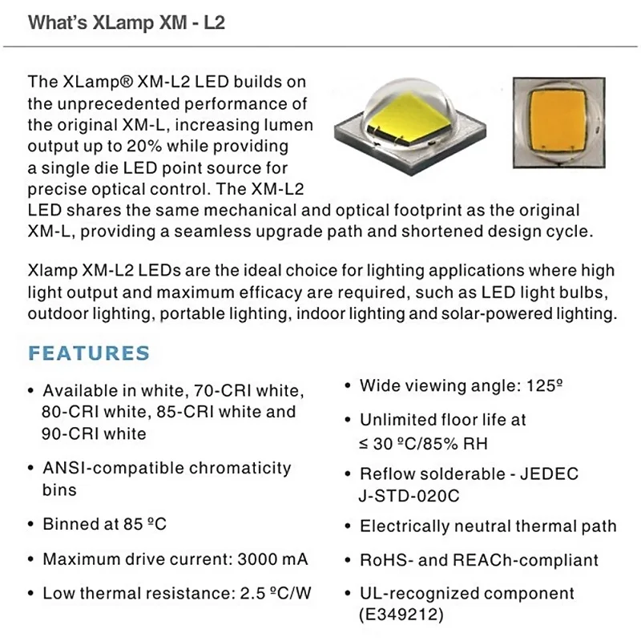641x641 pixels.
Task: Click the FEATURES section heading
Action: (x=89, y=353)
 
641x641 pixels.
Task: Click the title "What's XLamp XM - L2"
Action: (x=127, y=22)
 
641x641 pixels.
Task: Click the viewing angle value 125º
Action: (x=540, y=385)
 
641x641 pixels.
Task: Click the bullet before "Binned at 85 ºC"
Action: (x=30, y=525)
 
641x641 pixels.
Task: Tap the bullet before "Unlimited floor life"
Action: (x=348, y=420)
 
